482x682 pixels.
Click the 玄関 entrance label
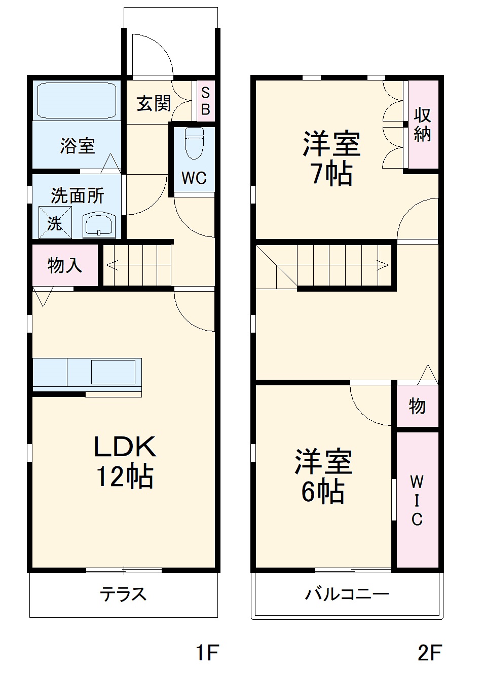click(154, 104)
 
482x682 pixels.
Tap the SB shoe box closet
click(205, 101)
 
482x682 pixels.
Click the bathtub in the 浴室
click(76, 99)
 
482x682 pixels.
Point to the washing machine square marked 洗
click(55, 222)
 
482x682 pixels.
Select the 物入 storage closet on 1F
click(64, 265)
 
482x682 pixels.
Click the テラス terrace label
click(123, 593)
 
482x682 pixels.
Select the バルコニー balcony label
click(347, 593)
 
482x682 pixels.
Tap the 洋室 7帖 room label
click(331, 158)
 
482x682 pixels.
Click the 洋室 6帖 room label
click(323, 476)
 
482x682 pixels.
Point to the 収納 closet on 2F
click(422, 124)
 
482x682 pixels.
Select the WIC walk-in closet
click(417, 500)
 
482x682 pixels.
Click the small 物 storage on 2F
click(417, 406)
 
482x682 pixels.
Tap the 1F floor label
click(207, 653)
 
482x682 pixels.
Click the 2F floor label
click(429, 653)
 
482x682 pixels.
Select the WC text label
click(194, 178)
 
